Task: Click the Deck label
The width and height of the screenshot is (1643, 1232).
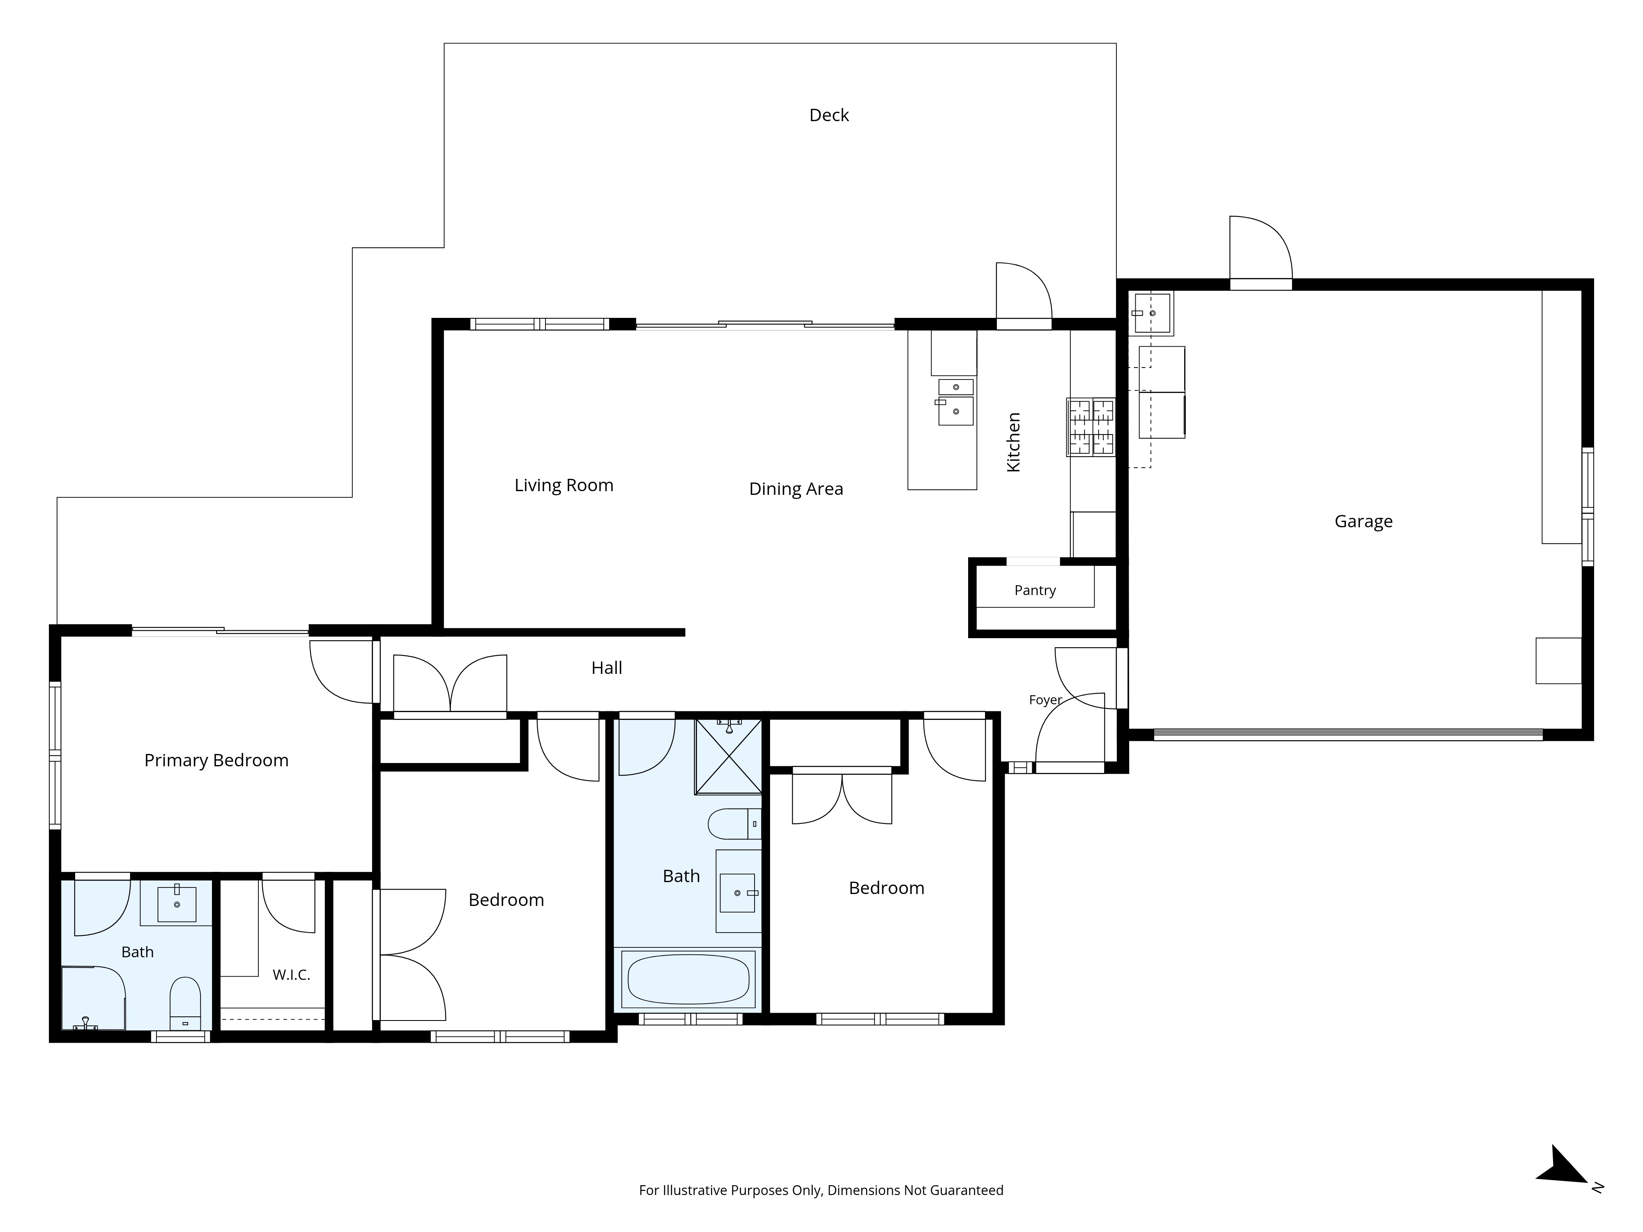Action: [x=829, y=115]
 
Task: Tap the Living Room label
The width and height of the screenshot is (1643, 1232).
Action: [x=564, y=486]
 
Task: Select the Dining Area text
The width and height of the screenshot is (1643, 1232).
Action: [x=796, y=490]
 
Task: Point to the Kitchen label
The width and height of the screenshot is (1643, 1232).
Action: [x=1014, y=442]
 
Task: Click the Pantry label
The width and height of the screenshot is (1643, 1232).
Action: [x=1035, y=591]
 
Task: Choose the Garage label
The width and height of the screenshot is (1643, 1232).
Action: [x=1363, y=521]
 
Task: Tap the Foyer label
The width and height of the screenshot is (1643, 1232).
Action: [x=1045, y=699]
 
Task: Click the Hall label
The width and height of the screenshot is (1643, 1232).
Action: [x=607, y=668]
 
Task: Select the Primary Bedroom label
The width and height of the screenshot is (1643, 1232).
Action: [x=216, y=761]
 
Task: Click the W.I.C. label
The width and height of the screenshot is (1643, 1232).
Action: [x=291, y=975]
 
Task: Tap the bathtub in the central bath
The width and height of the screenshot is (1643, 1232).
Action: [x=688, y=979]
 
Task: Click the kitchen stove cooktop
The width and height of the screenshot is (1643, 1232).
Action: [x=1091, y=427]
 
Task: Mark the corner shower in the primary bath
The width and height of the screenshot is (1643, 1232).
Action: [x=93, y=998]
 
